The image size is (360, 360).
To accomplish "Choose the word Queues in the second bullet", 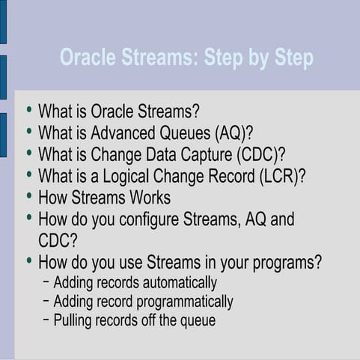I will pos(185,134).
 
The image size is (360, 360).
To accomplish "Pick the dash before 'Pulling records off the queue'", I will pos(46,320).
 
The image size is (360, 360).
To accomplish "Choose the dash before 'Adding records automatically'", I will pos(46,282).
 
